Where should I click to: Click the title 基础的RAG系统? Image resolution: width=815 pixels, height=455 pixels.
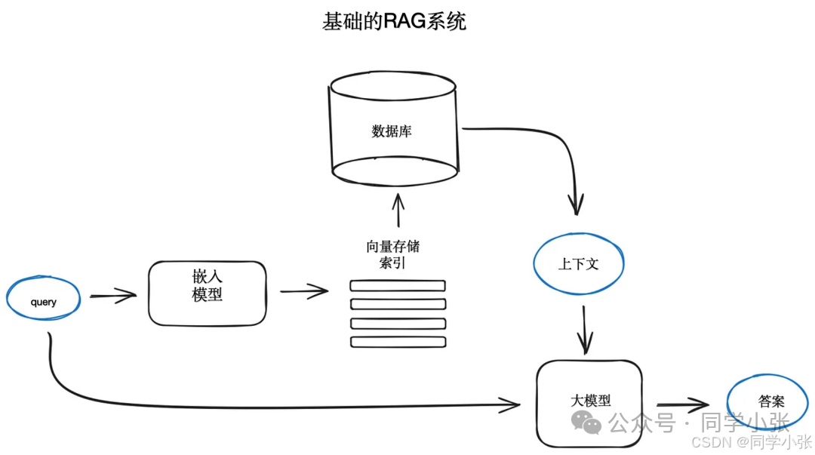(x=394, y=21)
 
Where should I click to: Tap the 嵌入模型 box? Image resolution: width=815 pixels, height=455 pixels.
(x=208, y=293)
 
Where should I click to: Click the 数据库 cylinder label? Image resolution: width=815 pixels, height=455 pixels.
(x=392, y=131)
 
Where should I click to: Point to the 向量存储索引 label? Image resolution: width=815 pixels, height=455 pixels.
(x=392, y=254)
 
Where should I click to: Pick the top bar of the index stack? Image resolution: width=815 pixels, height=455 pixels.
(x=398, y=286)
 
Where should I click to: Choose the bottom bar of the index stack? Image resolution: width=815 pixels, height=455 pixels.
(x=398, y=342)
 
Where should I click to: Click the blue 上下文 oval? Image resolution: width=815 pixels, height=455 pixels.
(x=579, y=264)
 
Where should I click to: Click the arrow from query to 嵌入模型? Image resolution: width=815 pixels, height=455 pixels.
(x=113, y=296)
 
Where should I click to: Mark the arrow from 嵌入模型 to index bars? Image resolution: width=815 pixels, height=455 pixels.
(x=304, y=291)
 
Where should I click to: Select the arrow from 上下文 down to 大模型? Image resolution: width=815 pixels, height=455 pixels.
(x=585, y=330)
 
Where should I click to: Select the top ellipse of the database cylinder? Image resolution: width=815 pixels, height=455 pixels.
(x=392, y=84)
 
